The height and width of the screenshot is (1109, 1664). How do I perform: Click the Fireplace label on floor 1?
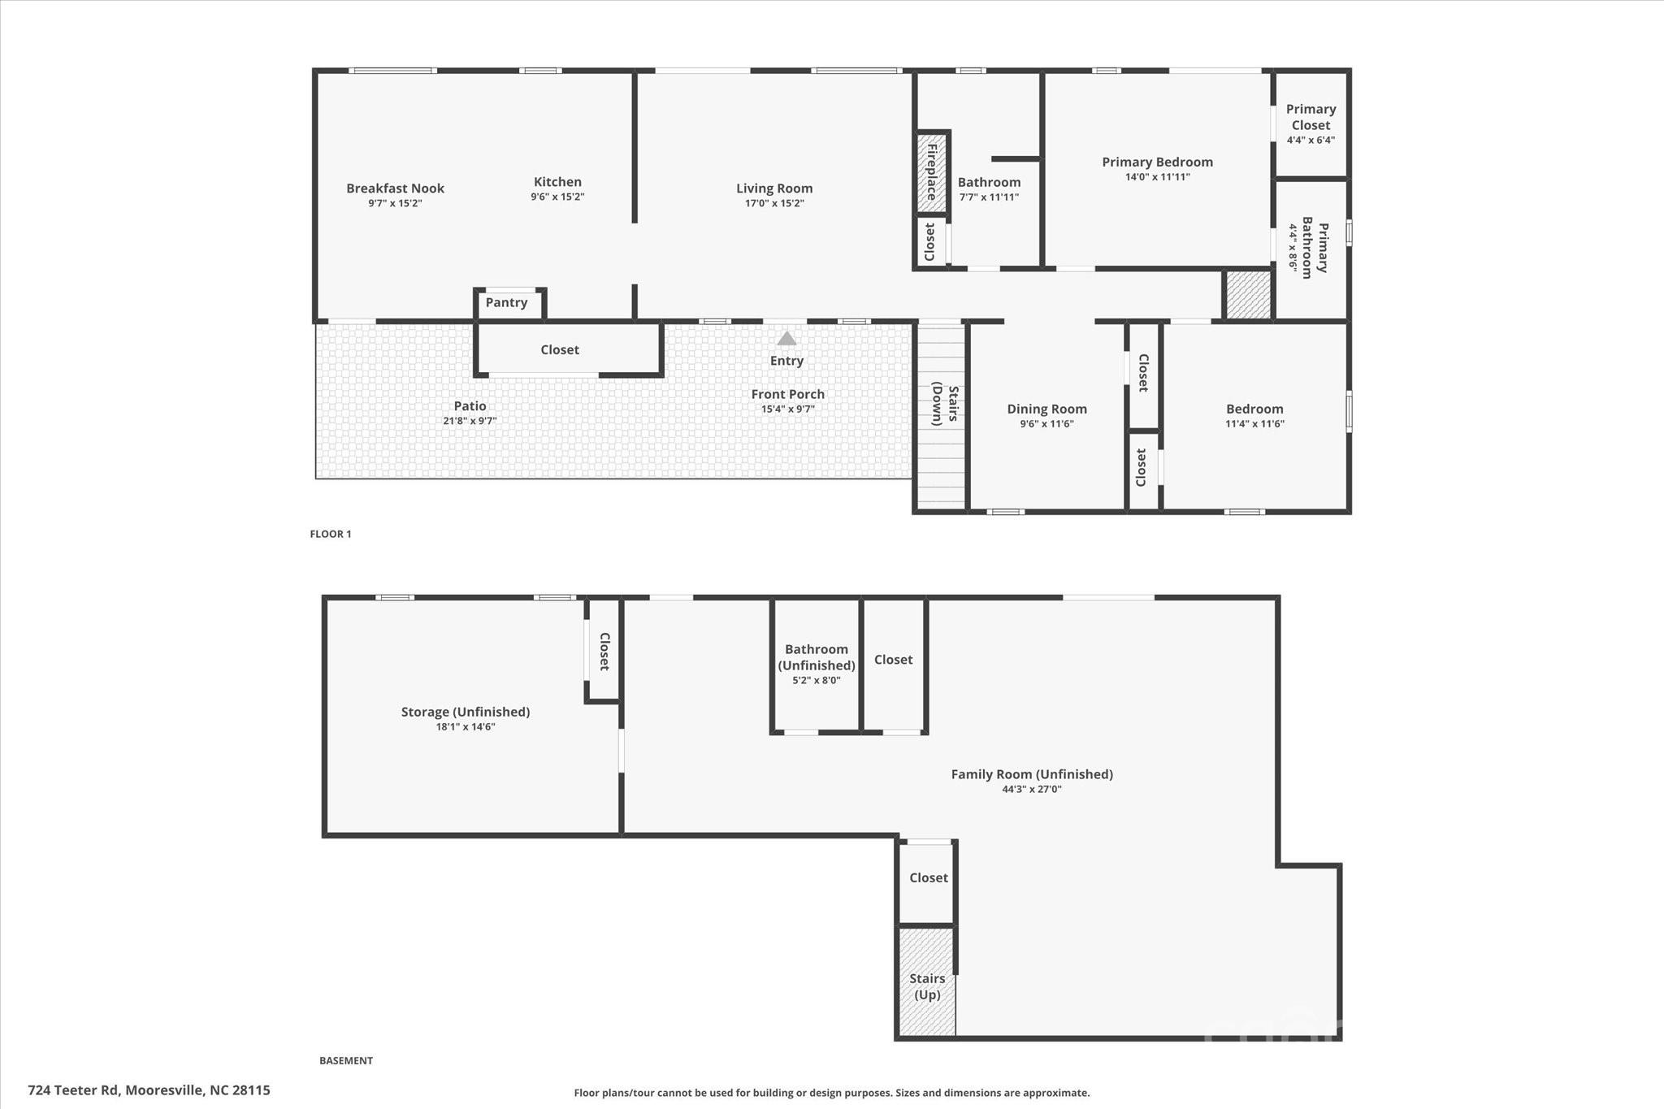932,171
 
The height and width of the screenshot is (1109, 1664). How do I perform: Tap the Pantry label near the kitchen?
506,302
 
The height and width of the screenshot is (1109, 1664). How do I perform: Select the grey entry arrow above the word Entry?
786,339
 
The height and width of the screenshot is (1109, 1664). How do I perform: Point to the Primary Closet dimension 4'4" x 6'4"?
1311,140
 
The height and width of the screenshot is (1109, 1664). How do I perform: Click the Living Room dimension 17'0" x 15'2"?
774,203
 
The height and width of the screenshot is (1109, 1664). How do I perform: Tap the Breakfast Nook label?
395,188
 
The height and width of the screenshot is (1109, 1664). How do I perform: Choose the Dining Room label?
1046,409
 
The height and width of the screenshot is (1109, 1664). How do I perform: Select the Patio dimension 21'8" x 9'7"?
470,421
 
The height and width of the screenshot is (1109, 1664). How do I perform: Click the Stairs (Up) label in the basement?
927,986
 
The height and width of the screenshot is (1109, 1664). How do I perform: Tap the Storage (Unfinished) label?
465,712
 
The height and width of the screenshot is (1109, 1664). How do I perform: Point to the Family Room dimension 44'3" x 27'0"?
1032,789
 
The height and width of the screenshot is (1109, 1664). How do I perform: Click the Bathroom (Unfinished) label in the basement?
817,657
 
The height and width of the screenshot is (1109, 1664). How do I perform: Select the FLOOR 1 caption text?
331,534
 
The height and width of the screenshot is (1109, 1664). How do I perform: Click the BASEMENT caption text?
346,1060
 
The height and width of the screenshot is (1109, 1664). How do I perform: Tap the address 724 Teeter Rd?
149,1090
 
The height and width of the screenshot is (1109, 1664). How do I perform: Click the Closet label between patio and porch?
560,349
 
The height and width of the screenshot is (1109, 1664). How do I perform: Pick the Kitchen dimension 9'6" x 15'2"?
557,197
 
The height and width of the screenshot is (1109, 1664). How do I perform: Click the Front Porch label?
787,394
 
